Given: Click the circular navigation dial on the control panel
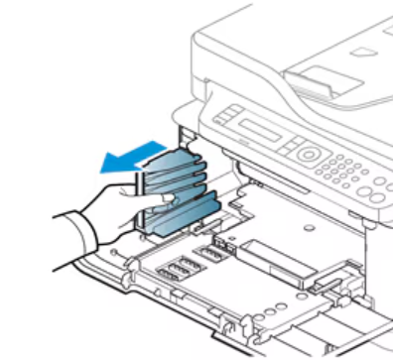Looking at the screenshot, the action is tap(309, 155).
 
